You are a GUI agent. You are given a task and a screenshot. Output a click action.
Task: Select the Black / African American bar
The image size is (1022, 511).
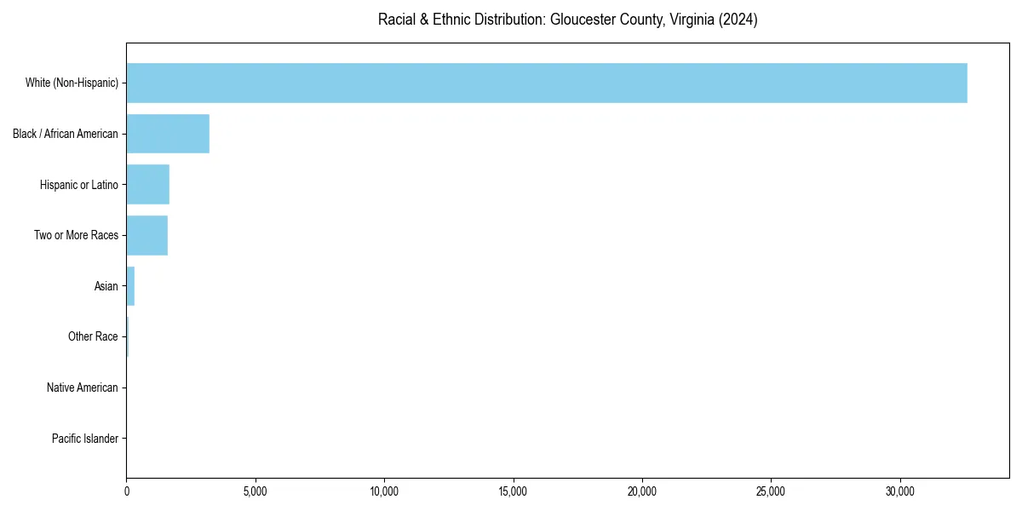click(x=168, y=134)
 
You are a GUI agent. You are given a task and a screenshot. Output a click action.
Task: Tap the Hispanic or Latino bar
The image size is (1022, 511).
click(x=148, y=185)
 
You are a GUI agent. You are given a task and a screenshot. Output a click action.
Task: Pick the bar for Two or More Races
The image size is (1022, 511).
click(x=147, y=235)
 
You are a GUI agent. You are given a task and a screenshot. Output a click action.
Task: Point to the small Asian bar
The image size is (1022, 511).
click(x=130, y=286)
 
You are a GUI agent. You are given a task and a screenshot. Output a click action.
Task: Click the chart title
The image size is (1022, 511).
click(x=568, y=20)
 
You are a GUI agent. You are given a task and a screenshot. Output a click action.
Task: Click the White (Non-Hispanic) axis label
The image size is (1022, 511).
click(x=72, y=83)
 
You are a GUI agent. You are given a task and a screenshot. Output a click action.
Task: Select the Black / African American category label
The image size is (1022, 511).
click(x=66, y=134)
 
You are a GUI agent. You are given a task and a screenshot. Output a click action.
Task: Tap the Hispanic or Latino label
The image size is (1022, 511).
click(x=79, y=185)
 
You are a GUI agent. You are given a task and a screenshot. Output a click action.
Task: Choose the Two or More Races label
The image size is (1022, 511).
click(x=77, y=235)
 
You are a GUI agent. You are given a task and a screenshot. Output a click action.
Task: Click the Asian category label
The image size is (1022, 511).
click(x=106, y=286)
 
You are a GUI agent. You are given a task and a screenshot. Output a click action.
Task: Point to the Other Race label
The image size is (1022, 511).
click(x=93, y=337)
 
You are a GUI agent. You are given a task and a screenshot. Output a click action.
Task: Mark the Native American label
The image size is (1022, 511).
click(x=83, y=388)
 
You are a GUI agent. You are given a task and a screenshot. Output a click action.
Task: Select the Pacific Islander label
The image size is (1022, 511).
click(x=85, y=439)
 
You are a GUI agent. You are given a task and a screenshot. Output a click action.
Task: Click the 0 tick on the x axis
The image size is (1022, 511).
click(x=127, y=491)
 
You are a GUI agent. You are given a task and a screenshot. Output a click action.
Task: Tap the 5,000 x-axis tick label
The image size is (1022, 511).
click(x=255, y=491)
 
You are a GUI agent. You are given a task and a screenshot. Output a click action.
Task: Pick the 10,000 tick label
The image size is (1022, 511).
click(x=384, y=491)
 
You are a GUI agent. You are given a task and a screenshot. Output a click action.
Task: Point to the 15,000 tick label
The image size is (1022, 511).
click(x=513, y=491)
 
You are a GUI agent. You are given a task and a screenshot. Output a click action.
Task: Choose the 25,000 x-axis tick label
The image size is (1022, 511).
click(x=771, y=491)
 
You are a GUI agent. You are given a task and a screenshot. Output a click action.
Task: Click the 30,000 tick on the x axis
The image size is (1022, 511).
click(x=899, y=491)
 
